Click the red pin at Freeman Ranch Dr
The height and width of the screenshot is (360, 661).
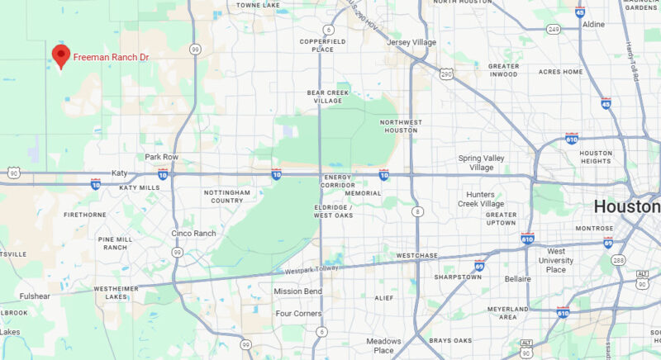pyautogui.click(x=60, y=54)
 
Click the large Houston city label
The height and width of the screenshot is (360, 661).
pyautogui.click(x=627, y=206)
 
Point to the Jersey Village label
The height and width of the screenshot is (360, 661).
pyautogui.click(x=411, y=42)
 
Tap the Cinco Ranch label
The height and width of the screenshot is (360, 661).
pyautogui.click(x=193, y=233)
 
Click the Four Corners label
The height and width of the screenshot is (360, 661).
pyautogui.click(x=299, y=314)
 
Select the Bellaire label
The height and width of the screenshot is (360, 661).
pyautogui.click(x=518, y=279)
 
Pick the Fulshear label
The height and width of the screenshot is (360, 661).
pyautogui.click(x=36, y=295)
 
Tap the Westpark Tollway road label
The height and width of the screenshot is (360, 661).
pyautogui.click(x=312, y=270)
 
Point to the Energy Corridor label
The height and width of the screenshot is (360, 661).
pyautogui.click(x=339, y=182)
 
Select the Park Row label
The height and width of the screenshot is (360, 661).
pyautogui.click(x=162, y=157)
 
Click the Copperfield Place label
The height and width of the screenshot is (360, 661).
pyautogui.click(x=316, y=45)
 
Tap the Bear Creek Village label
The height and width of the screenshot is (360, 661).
pyautogui.click(x=324, y=97)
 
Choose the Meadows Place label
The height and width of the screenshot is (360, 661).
pyautogui.click(x=383, y=345)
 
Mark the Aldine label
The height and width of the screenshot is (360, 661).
pyautogui.click(x=593, y=25)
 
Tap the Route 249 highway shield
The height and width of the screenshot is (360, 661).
pyautogui.click(x=553, y=30)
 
